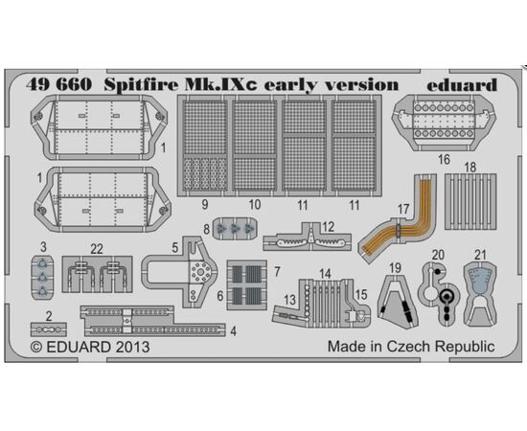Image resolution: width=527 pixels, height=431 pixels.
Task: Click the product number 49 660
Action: pyautogui.click(x=58, y=84)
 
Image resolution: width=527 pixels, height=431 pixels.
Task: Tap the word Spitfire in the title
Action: pyautogui.click(x=141, y=84)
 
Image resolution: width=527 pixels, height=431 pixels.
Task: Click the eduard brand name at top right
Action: pyautogui.click(x=462, y=84)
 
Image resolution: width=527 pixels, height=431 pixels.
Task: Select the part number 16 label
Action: pyautogui.click(x=444, y=159)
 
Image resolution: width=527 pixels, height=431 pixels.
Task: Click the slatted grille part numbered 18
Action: pyautogui.click(x=470, y=201)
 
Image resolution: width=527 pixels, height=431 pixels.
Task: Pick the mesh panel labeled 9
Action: pyautogui.click(x=205, y=146)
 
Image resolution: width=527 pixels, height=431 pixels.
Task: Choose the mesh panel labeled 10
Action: pyautogui.click(x=255, y=146)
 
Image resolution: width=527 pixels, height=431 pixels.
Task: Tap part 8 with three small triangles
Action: pyautogui.click(x=235, y=229)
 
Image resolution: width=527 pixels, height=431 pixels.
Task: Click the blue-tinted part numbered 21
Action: pyautogui.click(x=480, y=294)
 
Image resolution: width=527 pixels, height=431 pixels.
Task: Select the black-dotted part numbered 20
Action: pyautogui.click(x=439, y=293)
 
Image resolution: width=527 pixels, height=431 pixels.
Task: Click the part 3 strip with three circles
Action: pyautogui.click(x=42, y=278)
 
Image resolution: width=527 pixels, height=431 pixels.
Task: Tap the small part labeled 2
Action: pyautogui.click(x=49, y=329)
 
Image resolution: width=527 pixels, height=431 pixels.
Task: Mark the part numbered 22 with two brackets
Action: pyautogui.click(x=97, y=274)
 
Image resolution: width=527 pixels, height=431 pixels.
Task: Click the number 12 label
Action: pyautogui.click(x=328, y=227)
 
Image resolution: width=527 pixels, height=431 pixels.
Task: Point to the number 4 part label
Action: pyautogui.click(x=233, y=331)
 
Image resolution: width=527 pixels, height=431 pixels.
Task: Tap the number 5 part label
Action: pyautogui.click(x=174, y=247)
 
